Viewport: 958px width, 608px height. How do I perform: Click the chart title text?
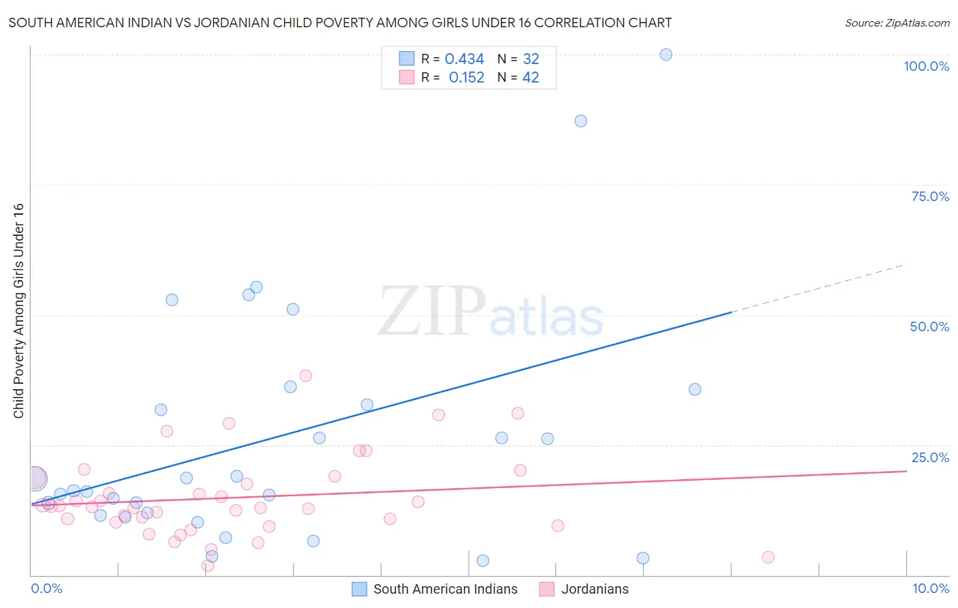tap(340, 22)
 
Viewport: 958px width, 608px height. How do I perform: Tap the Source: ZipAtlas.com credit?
tap(897, 22)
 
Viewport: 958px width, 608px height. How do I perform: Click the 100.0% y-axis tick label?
tap(926, 66)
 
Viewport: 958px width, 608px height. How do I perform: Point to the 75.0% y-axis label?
tap(929, 196)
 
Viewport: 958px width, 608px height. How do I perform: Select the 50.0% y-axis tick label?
tap(929, 326)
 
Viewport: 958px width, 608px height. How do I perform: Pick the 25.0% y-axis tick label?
tap(929, 457)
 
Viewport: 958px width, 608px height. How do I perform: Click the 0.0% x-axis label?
tap(46, 588)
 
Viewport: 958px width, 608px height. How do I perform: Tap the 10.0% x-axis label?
tap(930, 588)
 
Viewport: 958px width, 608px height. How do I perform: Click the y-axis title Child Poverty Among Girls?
tap(18, 311)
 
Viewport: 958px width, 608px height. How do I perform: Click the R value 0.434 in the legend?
tap(464, 59)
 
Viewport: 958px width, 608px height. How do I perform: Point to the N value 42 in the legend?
tap(530, 78)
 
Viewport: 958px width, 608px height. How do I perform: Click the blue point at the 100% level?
tap(666, 55)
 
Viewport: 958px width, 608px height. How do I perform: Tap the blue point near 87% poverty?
tap(581, 121)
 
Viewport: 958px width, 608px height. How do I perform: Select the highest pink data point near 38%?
tap(305, 376)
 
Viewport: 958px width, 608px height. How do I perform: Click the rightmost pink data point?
tap(768, 557)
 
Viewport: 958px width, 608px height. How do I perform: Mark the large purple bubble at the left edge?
tap(35, 478)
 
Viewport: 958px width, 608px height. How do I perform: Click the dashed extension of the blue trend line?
tap(818, 288)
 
